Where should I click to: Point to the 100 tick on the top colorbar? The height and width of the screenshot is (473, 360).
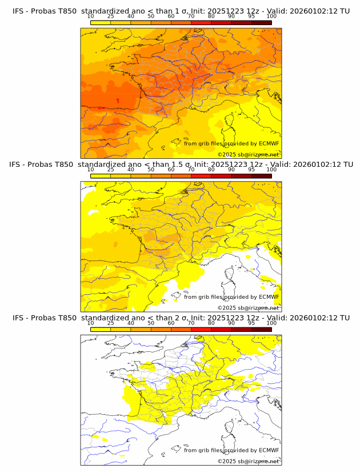(271, 17)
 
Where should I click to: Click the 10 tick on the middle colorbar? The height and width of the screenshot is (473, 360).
(90, 170)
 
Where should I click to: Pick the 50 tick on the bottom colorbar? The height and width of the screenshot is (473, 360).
(151, 323)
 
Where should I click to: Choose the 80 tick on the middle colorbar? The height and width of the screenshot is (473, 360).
(211, 170)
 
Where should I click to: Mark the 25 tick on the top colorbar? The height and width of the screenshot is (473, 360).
(110, 17)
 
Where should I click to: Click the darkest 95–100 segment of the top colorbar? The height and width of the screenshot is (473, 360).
(261, 22)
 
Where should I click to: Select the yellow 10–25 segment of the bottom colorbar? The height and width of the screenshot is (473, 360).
(101, 330)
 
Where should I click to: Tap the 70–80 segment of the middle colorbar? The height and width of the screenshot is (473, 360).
(201, 176)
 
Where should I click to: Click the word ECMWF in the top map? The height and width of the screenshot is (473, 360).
(269, 143)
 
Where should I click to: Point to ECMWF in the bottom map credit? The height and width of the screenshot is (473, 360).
(269, 450)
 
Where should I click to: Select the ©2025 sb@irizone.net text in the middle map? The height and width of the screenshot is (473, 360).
(248, 307)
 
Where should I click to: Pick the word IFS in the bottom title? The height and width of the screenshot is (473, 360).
(18, 318)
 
